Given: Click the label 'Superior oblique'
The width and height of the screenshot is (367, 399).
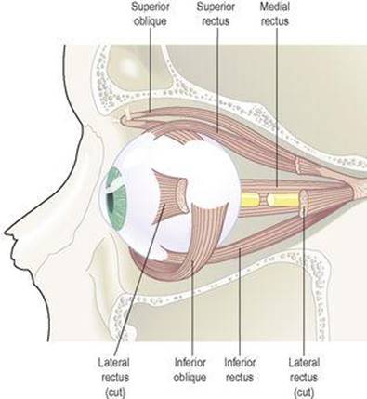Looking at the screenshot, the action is coord(151,14).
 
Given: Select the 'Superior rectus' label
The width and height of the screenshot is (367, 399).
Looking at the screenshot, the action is coord(216,14).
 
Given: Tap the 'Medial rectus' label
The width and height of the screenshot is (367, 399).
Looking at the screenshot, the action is coord(274,14).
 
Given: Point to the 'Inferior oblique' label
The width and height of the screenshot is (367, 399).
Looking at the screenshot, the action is coord(190,370).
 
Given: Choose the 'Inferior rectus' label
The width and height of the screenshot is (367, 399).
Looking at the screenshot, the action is coord(240,370).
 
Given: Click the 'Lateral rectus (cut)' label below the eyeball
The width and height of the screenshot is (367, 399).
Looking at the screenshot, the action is coord(114,378).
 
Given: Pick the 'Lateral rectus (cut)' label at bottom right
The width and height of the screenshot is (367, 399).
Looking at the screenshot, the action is coord(304,378).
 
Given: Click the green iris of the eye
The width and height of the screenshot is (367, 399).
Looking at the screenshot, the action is coord(116,199).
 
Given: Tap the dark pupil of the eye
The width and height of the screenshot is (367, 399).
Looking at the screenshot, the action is coord(110,206).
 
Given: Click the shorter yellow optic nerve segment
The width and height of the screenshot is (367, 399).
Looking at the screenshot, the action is coord(250,200).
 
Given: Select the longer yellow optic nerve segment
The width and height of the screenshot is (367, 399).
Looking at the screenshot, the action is coord(284,200).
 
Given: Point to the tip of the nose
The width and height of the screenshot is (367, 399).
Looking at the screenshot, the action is coord(5,232).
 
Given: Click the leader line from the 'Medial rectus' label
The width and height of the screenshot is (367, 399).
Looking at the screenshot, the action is coord(277,108).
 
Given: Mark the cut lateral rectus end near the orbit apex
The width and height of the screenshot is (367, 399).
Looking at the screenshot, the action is coord(304,203).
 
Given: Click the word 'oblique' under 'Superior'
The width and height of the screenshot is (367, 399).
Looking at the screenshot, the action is coord(151,21).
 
